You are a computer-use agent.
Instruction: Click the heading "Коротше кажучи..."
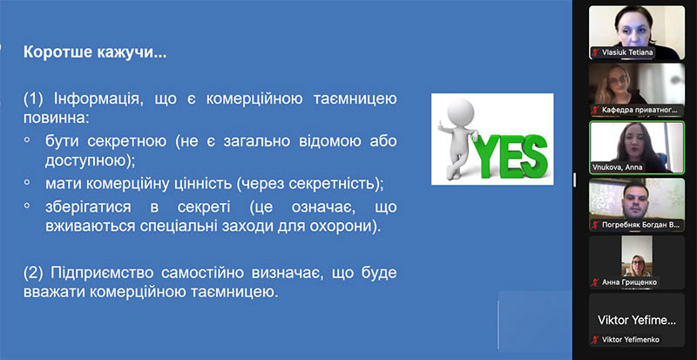[x=95, y=52]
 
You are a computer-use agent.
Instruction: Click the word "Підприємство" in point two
[x=102, y=273]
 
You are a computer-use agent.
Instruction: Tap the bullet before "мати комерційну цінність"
[x=27, y=182]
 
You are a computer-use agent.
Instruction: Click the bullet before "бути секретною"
[x=27, y=139]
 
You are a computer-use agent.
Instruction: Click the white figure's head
[x=461, y=112]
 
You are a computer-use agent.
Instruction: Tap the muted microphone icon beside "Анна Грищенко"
[x=595, y=282]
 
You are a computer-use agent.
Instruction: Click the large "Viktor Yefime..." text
[x=637, y=320]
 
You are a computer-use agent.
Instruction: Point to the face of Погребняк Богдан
[x=633, y=199]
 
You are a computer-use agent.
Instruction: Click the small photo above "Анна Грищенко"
[x=637, y=256]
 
